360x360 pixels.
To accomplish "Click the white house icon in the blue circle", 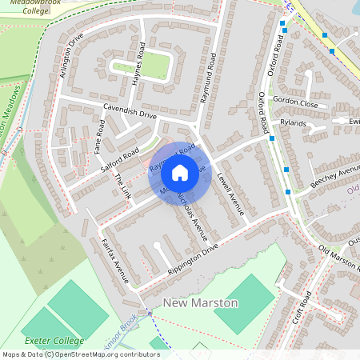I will click(180, 172).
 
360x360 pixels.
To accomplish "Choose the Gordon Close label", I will click(295, 103).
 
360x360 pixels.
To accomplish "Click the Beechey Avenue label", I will click(335, 178).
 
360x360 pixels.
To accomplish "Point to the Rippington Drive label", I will click(192, 262).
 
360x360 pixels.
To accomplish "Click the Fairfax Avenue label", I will click(115, 261).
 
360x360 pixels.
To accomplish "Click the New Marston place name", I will click(200, 303).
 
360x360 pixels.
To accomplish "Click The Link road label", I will click(123, 187).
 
